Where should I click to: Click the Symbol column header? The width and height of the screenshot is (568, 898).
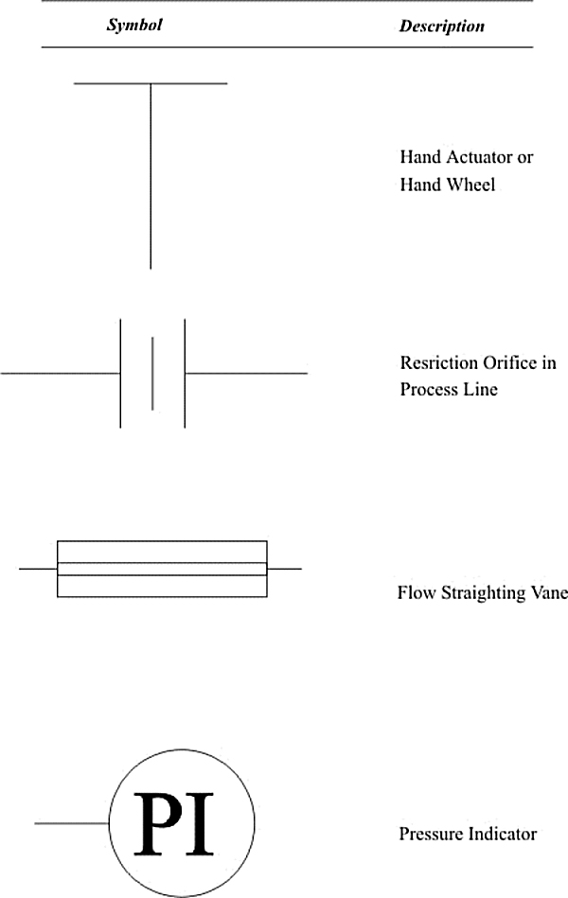(x=134, y=26)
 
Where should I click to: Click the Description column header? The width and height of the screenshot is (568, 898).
(x=442, y=26)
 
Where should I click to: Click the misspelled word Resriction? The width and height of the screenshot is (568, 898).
(x=439, y=362)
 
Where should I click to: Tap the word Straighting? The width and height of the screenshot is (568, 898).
(x=483, y=592)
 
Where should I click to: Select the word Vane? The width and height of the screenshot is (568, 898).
(x=548, y=592)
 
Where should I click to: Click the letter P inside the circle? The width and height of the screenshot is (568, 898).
(x=156, y=823)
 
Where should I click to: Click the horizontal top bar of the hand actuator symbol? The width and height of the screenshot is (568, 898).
(x=151, y=83)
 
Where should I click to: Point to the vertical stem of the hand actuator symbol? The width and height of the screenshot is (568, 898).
(x=151, y=176)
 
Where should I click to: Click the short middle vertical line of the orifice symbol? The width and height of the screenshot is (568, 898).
(x=152, y=374)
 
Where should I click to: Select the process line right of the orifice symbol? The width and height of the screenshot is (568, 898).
(x=246, y=374)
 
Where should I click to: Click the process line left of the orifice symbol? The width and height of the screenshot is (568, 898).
(x=61, y=374)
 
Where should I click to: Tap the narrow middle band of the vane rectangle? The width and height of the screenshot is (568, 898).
(x=162, y=569)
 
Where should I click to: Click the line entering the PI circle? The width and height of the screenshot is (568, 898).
(x=72, y=823)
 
